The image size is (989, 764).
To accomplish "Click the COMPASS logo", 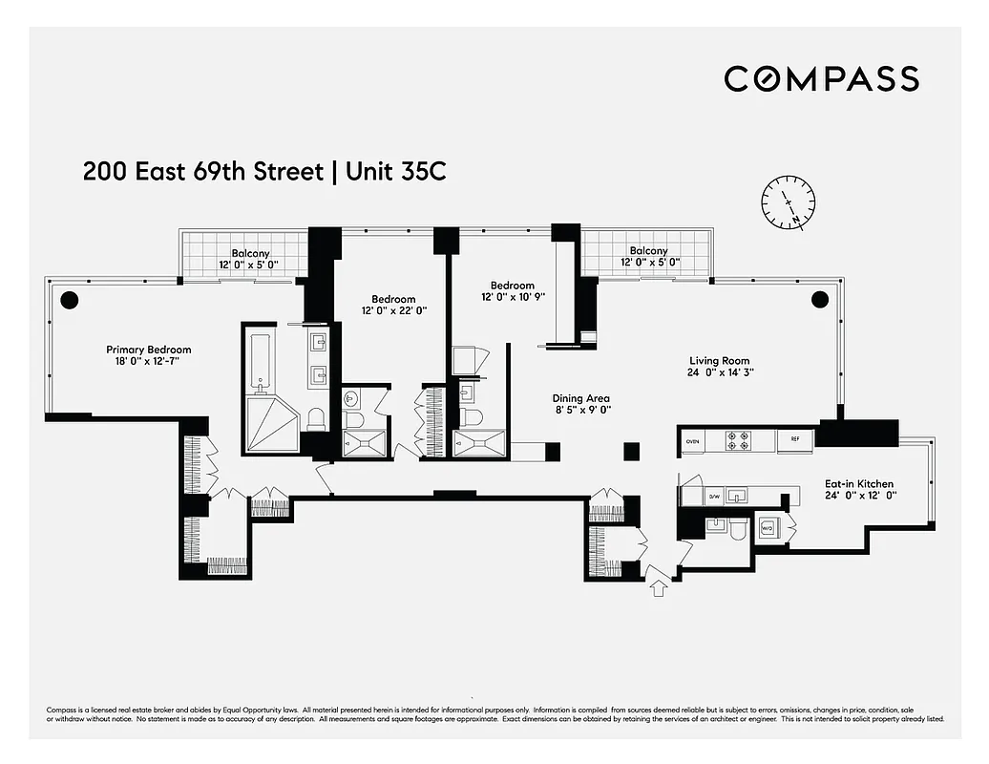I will [821, 78].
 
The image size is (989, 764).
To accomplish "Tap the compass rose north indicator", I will [789, 202].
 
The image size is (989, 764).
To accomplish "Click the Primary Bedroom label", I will [149, 350].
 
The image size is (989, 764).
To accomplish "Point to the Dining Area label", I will [580, 399].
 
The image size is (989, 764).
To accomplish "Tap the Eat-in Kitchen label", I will [859, 484].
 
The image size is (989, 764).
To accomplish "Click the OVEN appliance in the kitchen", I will [692, 440].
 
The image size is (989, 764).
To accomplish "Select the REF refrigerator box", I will [794, 440].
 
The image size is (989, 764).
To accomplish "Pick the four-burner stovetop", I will [740, 440].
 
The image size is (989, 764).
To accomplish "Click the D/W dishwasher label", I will [714, 497].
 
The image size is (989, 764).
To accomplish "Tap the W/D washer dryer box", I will [767, 526].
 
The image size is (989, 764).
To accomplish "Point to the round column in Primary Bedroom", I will [69, 299].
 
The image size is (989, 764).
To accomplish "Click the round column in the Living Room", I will [819, 299].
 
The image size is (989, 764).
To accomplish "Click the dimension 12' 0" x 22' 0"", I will [394, 310].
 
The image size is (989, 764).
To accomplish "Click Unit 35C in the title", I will [396, 172].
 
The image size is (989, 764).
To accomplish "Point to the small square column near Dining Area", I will [630, 451].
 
